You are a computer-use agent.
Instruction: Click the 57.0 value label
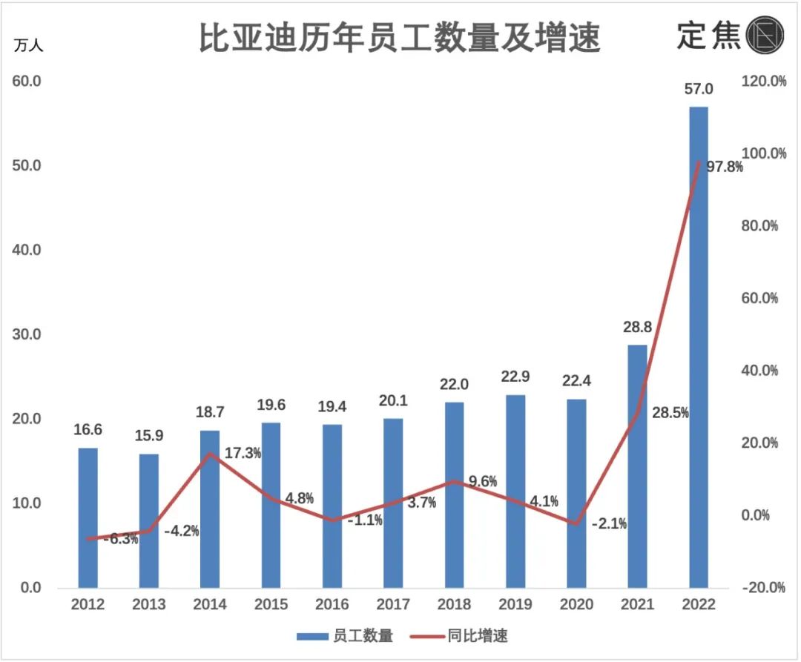pyautogui.click(x=698, y=90)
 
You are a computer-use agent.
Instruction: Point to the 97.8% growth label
pyautogui.click(x=724, y=168)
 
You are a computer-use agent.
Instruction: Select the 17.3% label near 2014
pyautogui.click(x=243, y=453)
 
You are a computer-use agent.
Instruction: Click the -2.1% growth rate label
pyautogui.click(x=609, y=524)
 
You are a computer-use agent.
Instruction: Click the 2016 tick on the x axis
pyautogui.click(x=332, y=605)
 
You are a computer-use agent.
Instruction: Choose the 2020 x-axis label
pyautogui.click(x=576, y=605)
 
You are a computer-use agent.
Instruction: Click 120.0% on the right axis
pyautogui.click(x=763, y=82)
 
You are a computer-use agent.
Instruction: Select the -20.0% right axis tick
pyautogui.click(x=763, y=588)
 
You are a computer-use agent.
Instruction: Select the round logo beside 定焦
pyautogui.click(x=765, y=36)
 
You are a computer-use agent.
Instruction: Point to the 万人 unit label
pyautogui.click(x=29, y=45)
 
